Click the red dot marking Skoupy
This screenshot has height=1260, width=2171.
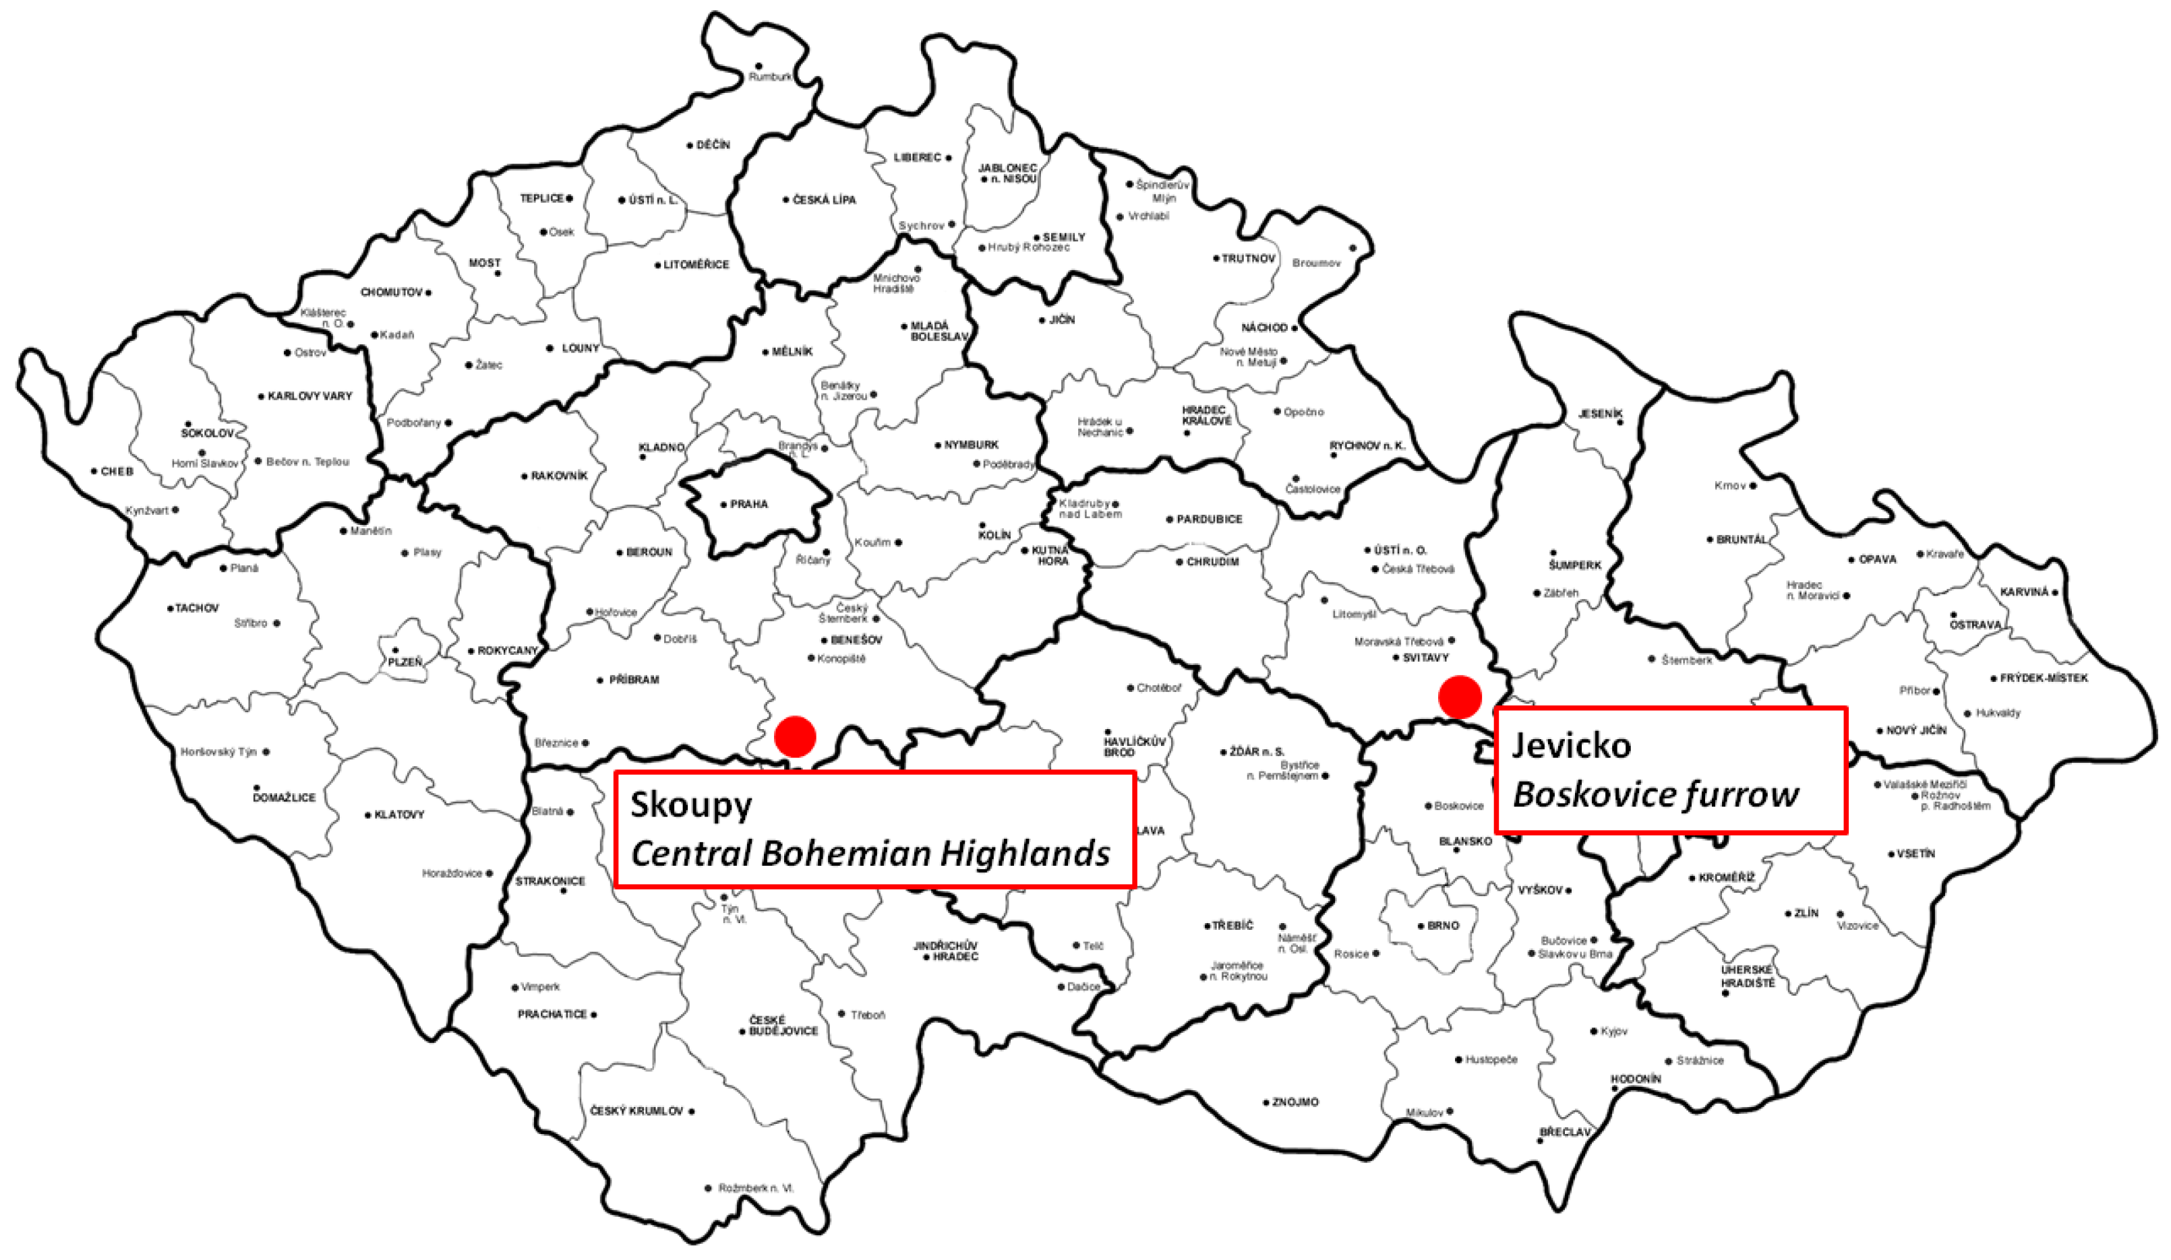point(794,736)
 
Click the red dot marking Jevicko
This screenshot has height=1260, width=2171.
point(1460,697)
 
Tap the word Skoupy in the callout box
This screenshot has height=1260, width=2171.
point(691,805)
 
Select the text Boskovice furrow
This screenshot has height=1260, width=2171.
point(1655,794)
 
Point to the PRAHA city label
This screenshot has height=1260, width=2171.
point(748,504)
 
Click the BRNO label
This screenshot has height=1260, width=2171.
point(1443,925)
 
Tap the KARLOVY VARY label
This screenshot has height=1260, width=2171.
point(309,396)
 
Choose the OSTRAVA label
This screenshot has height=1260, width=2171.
point(1975,625)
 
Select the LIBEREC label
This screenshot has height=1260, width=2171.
point(917,158)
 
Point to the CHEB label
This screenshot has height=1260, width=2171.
point(117,471)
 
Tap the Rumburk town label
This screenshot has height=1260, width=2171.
point(769,77)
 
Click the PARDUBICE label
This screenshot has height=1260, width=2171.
point(1209,519)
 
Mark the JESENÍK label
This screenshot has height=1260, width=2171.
point(1600,414)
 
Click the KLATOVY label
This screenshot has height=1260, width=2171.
point(399,814)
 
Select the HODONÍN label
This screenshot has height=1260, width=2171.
point(1636,1079)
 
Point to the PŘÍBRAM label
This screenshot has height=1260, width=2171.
point(633,679)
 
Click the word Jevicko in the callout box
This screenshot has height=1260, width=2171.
point(1572,745)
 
